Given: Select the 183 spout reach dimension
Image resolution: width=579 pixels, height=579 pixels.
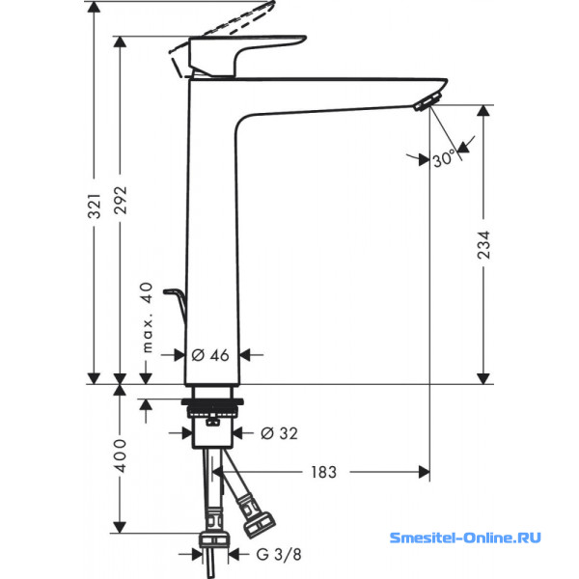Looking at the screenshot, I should tap(323, 472).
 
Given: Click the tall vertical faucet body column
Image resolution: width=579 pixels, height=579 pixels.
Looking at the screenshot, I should tap(210, 241).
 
